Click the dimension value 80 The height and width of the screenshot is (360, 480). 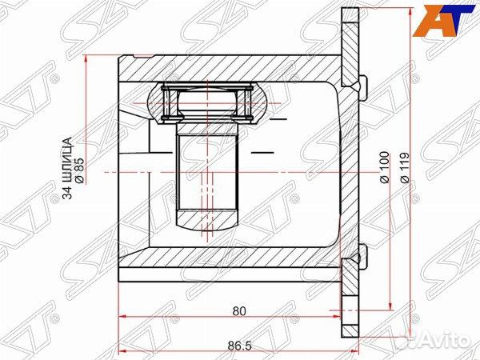(239, 311)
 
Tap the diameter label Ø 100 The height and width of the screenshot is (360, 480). (384, 167)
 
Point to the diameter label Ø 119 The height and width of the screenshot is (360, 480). (404, 167)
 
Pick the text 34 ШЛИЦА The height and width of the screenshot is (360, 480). (68, 168)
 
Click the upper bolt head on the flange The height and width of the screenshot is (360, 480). (362, 88)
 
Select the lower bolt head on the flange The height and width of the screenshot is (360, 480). (362, 257)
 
